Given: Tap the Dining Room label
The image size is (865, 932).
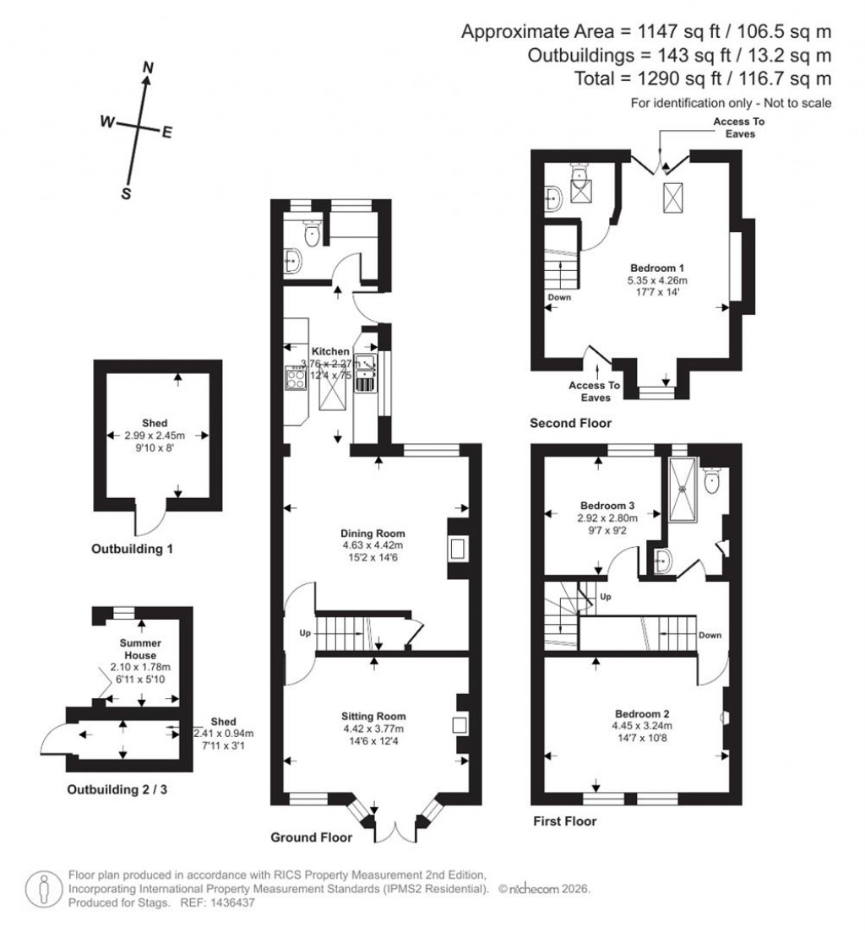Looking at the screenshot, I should (373, 534).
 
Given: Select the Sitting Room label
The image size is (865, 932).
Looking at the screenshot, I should (373, 717).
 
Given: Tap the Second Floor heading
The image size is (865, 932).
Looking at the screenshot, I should (570, 423).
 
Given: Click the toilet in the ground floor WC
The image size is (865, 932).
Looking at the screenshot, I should (312, 235).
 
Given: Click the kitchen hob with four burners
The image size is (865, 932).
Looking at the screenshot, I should (296, 382).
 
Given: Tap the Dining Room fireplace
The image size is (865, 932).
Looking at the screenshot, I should (456, 550).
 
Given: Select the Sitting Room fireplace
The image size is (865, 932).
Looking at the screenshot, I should (460, 724).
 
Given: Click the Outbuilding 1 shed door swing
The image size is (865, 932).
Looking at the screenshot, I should (151, 517).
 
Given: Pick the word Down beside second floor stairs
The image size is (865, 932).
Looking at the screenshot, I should (559, 297).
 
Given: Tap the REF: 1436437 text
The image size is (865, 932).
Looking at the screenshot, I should (219, 902).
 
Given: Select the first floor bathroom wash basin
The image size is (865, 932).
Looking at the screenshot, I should (661, 559).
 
